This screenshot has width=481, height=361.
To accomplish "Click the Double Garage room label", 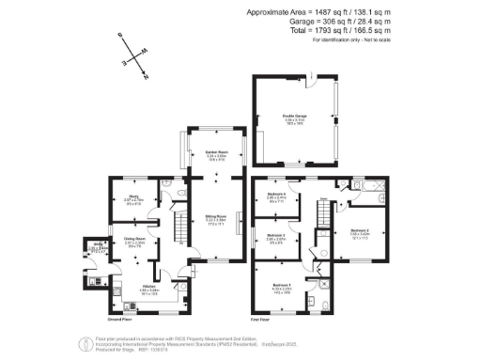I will click(x=296, y=118).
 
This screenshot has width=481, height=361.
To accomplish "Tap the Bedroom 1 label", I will click(x=283, y=285).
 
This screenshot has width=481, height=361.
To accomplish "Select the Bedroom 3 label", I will click(x=276, y=236).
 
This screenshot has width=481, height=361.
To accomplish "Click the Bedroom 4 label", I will click(x=277, y=194).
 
